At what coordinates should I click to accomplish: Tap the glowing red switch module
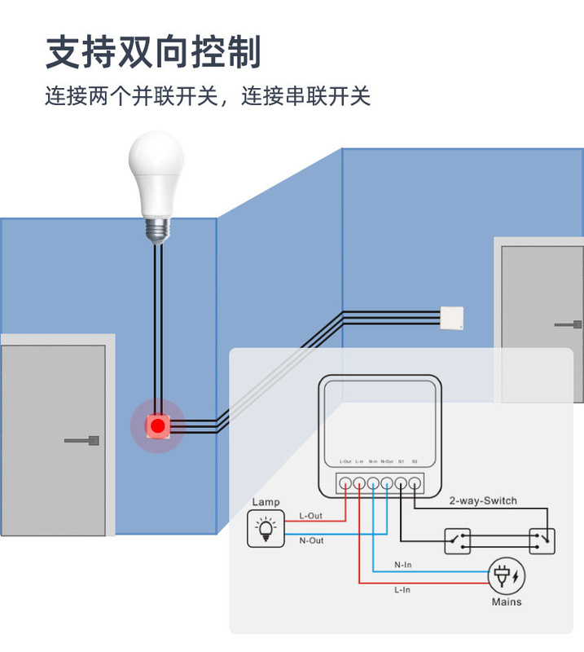click(157, 425)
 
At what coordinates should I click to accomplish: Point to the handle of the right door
click(569, 324)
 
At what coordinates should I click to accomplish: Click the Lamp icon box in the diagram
click(266, 528)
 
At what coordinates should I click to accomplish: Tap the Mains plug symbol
click(506, 577)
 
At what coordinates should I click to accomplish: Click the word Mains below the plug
click(506, 602)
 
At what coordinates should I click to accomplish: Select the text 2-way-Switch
click(483, 501)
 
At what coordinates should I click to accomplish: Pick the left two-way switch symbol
click(457, 540)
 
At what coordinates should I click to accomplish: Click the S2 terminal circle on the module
click(415, 482)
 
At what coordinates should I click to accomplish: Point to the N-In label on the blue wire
click(403, 564)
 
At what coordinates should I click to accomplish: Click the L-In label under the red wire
click(402, 590)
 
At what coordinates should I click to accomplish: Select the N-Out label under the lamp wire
click(311, 541)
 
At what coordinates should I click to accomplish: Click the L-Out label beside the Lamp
click(311, 516)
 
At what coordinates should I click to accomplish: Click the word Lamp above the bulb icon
click(266, 502)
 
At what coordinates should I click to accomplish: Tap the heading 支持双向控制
click(154, 51)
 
